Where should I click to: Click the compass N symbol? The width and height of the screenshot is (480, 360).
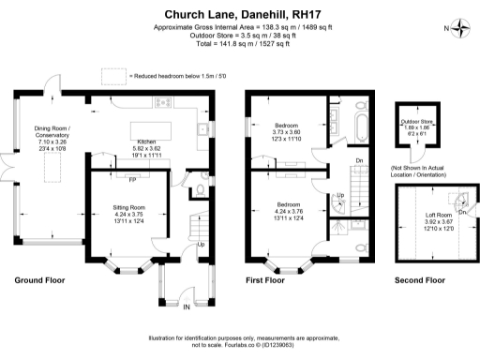(460, 27)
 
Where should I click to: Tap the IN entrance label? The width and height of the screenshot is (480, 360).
(186, 307)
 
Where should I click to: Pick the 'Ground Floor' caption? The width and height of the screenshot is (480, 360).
(40, 280)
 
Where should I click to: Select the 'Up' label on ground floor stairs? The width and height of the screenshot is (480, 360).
(200, 246)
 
